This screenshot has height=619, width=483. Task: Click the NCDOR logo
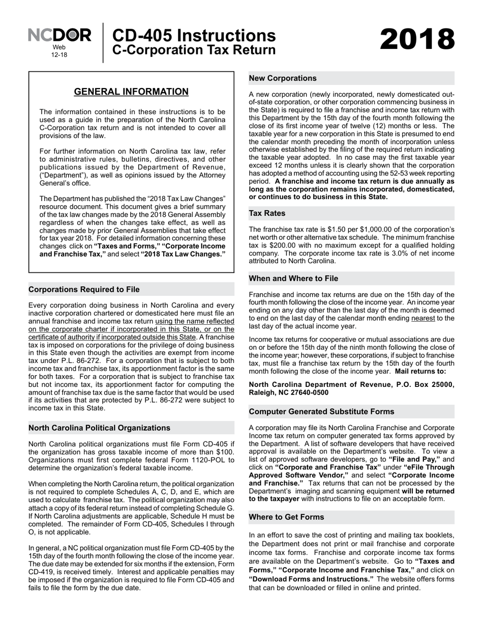[x=59, y=35]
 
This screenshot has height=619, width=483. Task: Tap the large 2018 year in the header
[x=417, y=40]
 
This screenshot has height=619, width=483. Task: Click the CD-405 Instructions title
[x=193, y=36]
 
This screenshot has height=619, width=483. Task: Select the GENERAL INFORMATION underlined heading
[x=131, y=92]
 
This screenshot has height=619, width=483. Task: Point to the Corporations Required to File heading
[x=84, y=289]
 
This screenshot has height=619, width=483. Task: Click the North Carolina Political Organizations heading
[x=99, y=428]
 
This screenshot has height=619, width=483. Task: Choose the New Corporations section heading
[x=282, y=78]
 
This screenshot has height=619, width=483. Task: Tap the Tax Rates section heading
[x=267, y=213]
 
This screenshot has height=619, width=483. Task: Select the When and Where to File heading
[x=293, y=278]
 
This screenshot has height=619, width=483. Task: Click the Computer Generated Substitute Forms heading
[x=321, y=411]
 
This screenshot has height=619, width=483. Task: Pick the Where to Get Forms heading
[x=286, y=517]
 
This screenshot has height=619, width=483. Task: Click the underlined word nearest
[x=423, y=318]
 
